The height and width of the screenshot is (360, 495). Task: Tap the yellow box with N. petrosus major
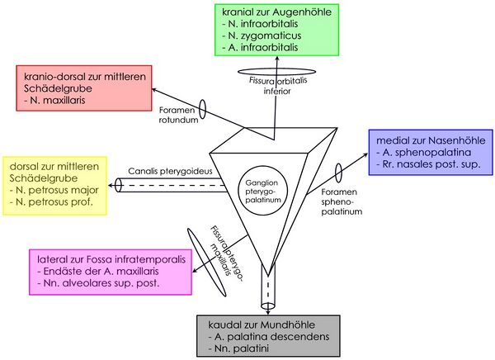[x=55, y=185]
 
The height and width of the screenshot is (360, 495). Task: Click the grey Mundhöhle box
[x=268, y=336]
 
